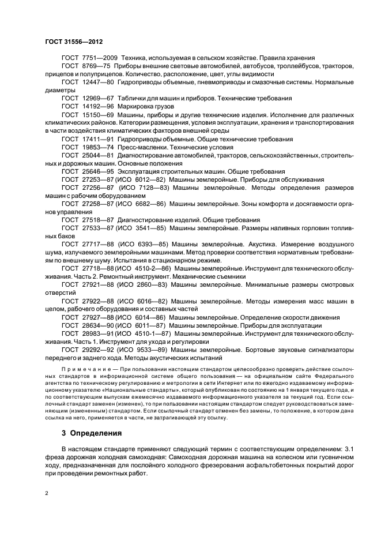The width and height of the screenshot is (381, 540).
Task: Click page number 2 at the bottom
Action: coord(47,493)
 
